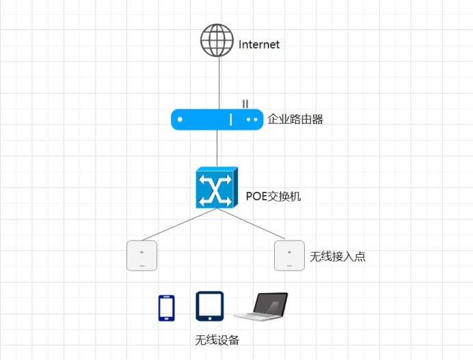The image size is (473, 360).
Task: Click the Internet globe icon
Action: (217, 40)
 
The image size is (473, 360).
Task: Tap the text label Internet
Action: (259, 44)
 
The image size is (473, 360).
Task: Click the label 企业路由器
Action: (295, 119)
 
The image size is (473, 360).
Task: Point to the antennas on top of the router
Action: (245, 104)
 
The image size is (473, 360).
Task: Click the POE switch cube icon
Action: (217, 188)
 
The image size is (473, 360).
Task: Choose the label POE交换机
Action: (273, 196)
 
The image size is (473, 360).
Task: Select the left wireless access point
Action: (141, 255)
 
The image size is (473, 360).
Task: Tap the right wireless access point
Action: (289, 255)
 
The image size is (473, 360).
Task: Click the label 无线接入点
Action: (338, 257)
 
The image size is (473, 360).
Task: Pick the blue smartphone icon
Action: (166, 307)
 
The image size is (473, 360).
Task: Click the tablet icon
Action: (209, 306)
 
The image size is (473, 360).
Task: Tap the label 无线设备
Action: (217, 340)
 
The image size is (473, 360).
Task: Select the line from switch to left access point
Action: (179, 225)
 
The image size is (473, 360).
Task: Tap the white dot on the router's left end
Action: (180, 119)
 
